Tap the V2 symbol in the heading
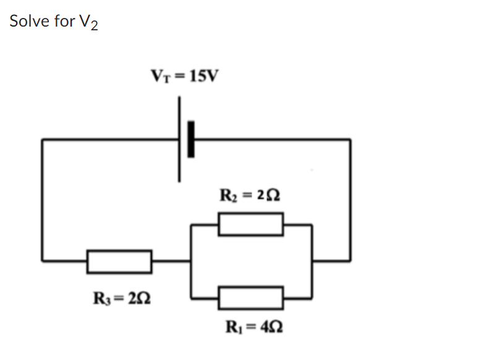tap(88, 23)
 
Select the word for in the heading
tap(62, 21)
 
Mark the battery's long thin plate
tap(180, 139)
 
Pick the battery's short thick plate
tap(191, 139)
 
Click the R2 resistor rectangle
tap(250, 224)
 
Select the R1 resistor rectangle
tap(250, 298)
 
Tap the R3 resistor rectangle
tap(119, 261)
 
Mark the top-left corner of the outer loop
tap(43, 140)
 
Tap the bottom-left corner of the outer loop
tap(43, 260)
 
